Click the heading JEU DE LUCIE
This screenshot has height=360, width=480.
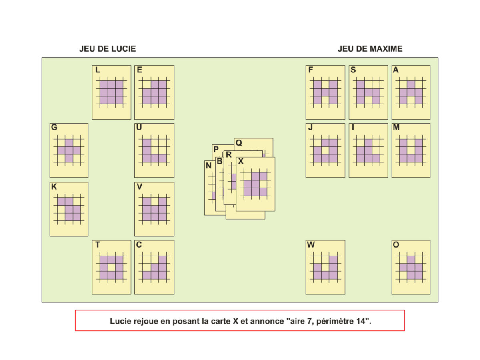108,49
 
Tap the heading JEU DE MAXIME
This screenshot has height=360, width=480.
370,49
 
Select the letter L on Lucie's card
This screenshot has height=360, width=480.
98,70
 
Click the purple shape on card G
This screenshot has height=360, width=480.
69,150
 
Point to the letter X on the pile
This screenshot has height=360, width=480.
241,162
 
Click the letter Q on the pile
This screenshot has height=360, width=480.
239,143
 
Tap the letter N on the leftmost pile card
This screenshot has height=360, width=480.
208,166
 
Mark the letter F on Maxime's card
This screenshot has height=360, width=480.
311,70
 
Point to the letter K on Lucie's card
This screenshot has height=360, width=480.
54,186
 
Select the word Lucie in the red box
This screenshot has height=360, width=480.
120,321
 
